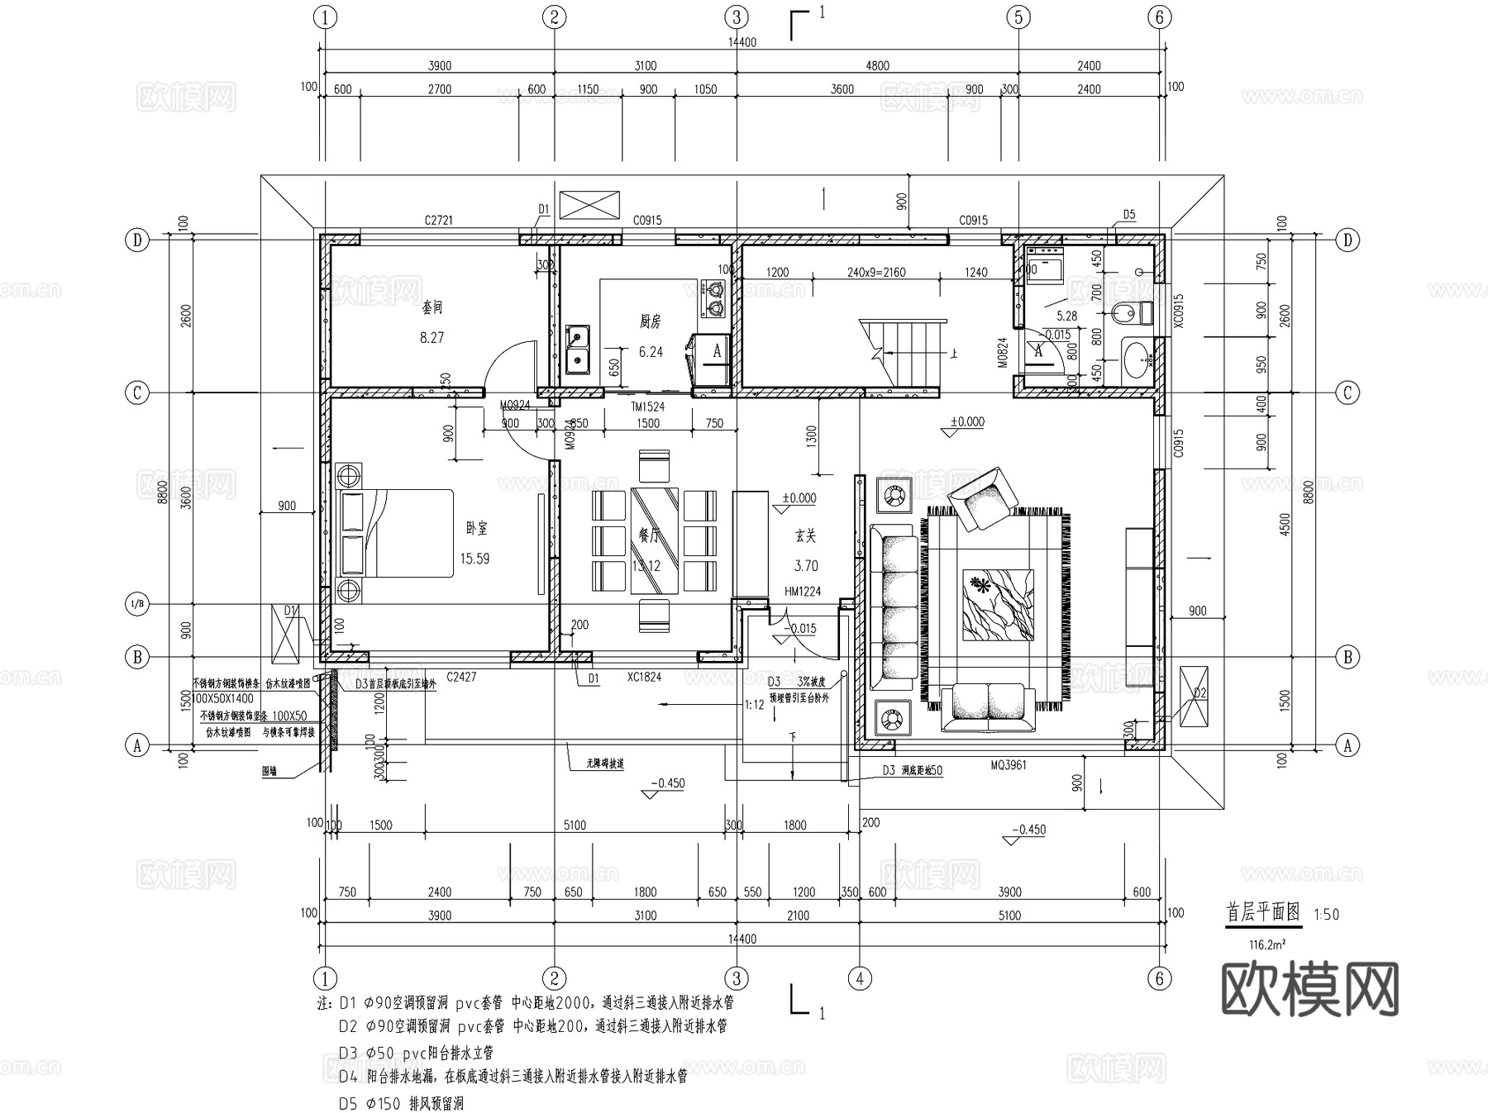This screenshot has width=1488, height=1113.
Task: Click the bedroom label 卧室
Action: click(476, 528)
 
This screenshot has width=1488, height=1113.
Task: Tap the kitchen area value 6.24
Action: click(651, 352)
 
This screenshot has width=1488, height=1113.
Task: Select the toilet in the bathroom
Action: click(1132, 313)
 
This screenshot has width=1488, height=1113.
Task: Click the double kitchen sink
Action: click(577, 348)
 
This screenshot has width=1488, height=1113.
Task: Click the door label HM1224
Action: click(803, 592)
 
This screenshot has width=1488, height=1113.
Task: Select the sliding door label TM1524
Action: click(647, 407)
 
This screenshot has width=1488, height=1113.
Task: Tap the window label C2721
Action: click(438, 221)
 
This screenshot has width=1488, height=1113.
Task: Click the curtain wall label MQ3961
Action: click(1009, 765)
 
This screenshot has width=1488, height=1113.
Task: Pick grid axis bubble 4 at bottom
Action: click(860, 978)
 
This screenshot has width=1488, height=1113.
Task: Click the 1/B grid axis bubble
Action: click(137, 604)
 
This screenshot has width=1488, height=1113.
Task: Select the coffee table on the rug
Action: click(998, 605)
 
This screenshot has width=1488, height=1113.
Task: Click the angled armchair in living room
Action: click(982, 497)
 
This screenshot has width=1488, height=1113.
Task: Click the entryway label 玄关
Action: click(805, 536)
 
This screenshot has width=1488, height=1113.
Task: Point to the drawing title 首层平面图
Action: click(1262, 912)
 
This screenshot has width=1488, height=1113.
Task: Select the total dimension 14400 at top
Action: click(742, 42)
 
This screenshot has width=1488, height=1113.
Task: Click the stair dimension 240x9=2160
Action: click(876, 272)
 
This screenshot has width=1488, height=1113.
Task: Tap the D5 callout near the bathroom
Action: click(1128, 215)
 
